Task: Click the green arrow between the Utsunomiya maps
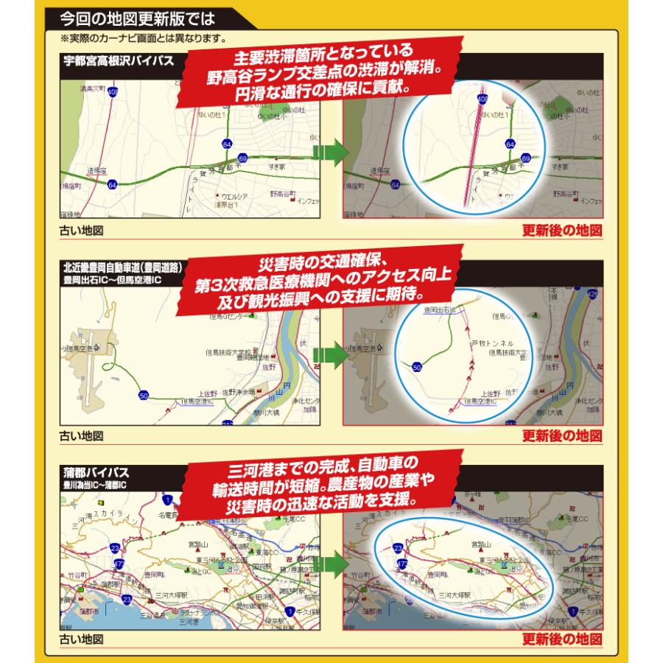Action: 331,153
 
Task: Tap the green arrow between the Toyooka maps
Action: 331,351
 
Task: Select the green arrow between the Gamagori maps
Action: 331,564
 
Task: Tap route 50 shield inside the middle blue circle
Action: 418,365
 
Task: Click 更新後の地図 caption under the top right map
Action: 562,230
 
